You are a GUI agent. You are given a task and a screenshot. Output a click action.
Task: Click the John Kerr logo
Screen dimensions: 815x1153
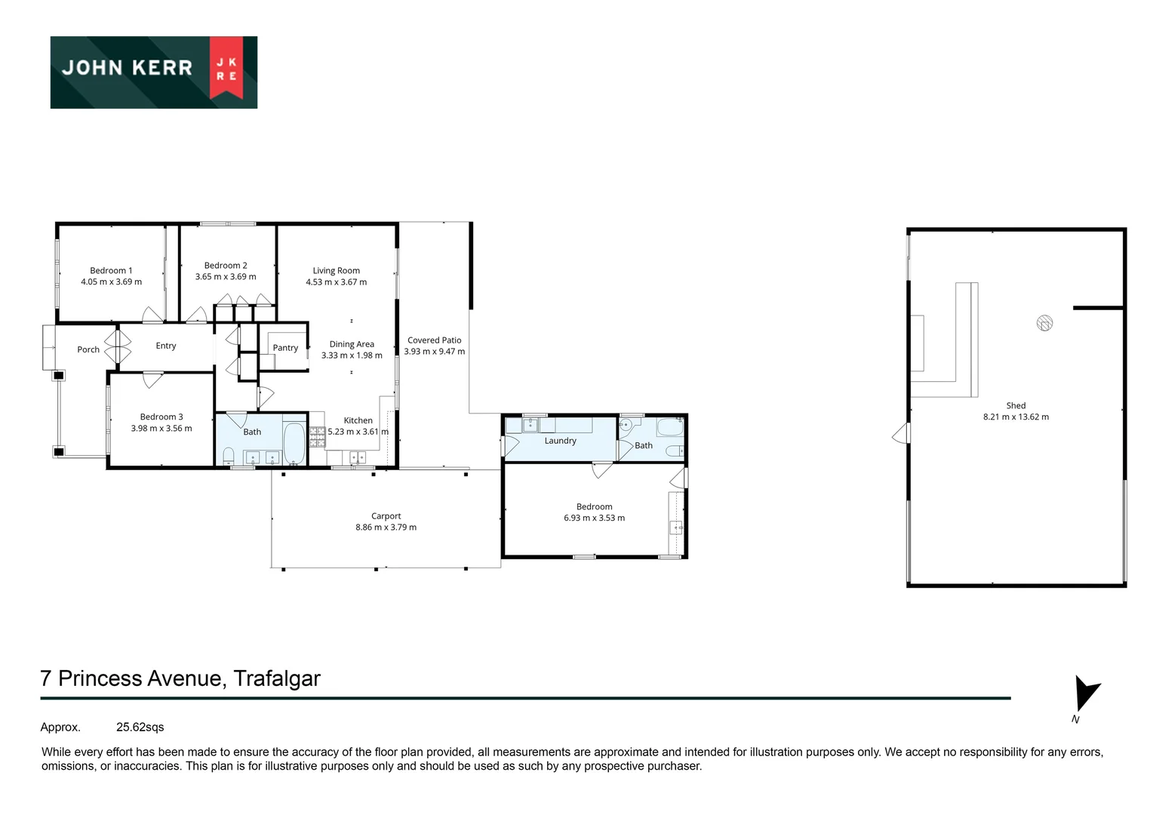pyautogui.click(x=154, y=72)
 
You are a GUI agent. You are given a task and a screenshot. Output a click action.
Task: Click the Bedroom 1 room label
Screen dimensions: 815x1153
pyautogui.click(x=111, y=270)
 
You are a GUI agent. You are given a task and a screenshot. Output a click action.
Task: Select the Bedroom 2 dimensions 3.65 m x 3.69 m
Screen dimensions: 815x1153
pyautogui.click(x=226, y=277)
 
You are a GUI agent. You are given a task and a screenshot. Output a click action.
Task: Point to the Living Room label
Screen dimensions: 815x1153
pyautogui.click(x=336, y=270)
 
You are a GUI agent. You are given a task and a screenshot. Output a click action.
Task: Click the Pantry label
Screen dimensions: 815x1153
pyautogui.click(x=285, y=348)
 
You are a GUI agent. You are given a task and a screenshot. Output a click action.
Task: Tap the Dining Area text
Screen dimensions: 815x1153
pyautogui.click(x=352, y=344)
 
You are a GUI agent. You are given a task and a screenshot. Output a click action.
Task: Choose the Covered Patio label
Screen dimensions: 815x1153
pyautogui.click(x=434, y=340)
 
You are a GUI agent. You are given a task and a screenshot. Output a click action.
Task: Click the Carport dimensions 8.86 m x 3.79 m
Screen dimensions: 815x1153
pyautogui.click(x=386, y=527)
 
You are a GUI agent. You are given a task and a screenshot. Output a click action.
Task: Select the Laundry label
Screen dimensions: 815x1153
pyautogui.click(x=560, y=441)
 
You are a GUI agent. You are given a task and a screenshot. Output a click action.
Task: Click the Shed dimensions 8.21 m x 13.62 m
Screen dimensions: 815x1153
pyautogui.click(x=1016, y=417)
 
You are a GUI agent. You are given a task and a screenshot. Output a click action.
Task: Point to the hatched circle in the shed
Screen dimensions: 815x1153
pyautogui.click(x=1044, y=323)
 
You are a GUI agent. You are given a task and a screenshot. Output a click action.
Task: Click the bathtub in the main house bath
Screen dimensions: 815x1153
pyautogui.click(x=294, y=443)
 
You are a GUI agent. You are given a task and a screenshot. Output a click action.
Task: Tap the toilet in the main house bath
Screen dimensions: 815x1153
pyautogui.click(x=229, y=456)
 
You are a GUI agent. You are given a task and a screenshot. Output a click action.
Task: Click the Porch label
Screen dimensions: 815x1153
pyautogui.click(x=88, y=349)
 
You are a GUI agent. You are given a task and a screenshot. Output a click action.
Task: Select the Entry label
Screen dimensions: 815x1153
pyautogui.click(x=166, y=346)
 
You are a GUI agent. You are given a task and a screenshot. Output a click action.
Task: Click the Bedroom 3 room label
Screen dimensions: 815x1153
pyautogui.click(x=161, y=417)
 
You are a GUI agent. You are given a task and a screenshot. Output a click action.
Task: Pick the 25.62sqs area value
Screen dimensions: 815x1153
pyautogui.click(x=140, y=727)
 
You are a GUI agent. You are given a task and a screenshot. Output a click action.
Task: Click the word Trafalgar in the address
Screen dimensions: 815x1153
pyautogui.click(x=277, y=678)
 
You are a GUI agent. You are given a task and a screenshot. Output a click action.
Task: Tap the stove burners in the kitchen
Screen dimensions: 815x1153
pyautogui.click(x=317, y=432)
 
